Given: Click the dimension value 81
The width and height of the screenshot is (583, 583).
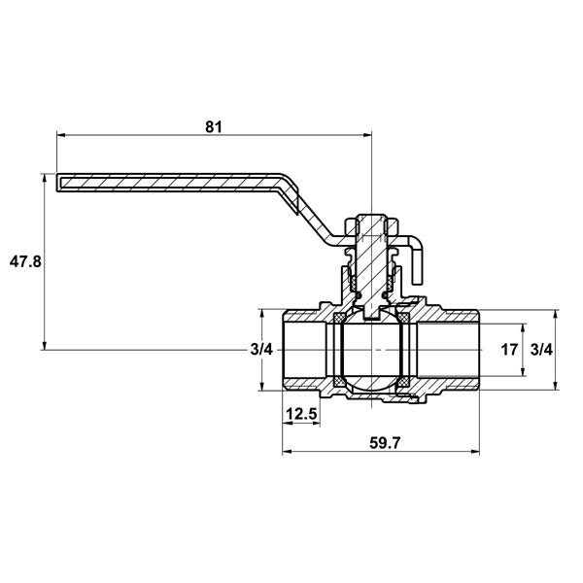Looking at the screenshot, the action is pos(214,127).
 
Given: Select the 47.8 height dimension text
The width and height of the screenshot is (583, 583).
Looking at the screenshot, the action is pos(25,262).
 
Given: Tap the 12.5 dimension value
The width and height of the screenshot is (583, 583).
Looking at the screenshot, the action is pos(301,414).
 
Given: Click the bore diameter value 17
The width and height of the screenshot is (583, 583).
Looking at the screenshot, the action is pos(509,350).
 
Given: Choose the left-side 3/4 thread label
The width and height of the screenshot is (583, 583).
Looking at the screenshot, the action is pos(261,350).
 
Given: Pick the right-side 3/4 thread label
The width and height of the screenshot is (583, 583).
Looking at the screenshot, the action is pos(541,350).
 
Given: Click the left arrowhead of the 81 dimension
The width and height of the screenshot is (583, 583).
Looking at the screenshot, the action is pos(61,135).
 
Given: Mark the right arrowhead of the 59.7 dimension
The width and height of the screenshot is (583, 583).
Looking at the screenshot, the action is pos(475,452).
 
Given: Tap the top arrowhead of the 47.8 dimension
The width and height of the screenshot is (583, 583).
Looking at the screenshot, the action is pos(45,178).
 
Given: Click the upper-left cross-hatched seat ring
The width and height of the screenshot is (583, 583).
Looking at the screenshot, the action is pos(339,318).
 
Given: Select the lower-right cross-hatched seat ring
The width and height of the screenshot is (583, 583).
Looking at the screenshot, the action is pos(404,382).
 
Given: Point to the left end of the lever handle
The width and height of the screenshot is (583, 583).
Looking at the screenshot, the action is pos(57,183).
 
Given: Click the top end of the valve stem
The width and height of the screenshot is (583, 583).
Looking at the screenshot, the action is pos(371,216).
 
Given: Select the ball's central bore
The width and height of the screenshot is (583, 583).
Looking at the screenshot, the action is pos(371,350).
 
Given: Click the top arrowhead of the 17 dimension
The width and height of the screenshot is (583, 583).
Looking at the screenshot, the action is pos(523,328).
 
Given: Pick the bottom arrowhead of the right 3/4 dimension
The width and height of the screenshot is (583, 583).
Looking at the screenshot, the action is pos(555,386).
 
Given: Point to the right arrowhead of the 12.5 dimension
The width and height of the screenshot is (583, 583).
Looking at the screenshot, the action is pos(316,423).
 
